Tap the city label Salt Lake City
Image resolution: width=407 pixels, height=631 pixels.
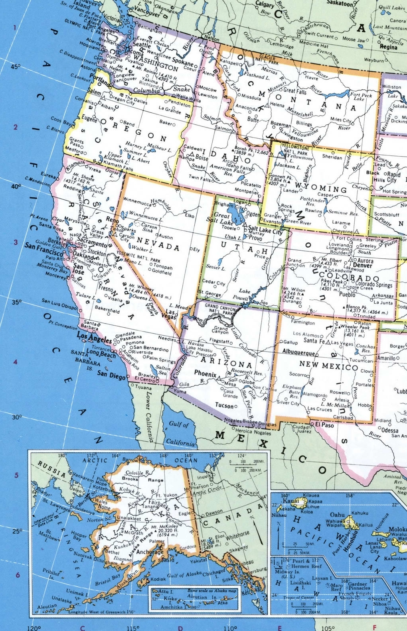pos(265,231)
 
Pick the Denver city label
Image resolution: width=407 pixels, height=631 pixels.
pos(362,265)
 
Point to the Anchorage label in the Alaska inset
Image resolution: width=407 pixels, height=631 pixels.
pos(150,552)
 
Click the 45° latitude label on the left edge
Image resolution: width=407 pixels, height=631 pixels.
pos(15,67)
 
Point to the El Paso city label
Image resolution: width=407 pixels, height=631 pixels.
pos(324,425)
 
